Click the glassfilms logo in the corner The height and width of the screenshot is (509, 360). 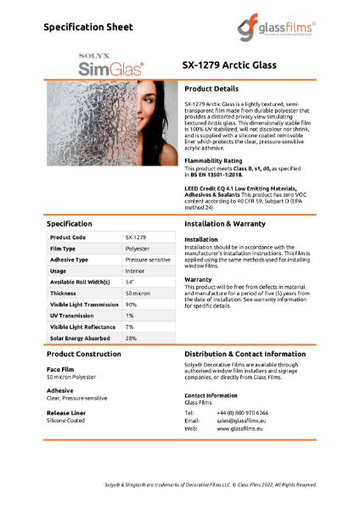275,29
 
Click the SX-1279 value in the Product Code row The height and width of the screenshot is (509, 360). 135,238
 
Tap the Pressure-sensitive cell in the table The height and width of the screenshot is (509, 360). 149,260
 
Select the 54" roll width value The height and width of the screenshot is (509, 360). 130,281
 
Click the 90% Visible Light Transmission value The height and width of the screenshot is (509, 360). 131,304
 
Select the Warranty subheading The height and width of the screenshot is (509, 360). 198,278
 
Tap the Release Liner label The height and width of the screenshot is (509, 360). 65,411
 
